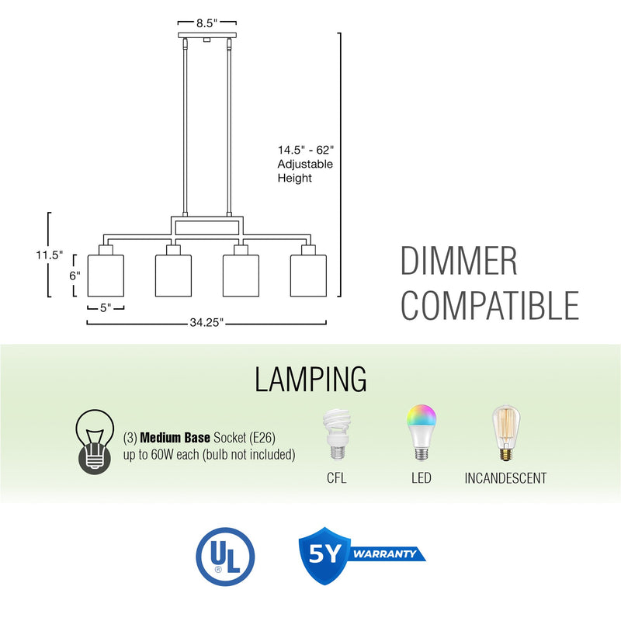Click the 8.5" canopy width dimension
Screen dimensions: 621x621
pyautogui.click(x=206, y=23)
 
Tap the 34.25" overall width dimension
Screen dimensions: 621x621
pyautogui.click(x=206, y=323)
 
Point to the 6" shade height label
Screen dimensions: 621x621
pyautogui.click(x=75, y=276)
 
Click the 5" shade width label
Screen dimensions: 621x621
pyautogui.click(x=106, y=307)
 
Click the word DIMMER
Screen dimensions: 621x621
pyautogui.click(x=459, y=262)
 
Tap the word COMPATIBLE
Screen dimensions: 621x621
pyautogui.click(x=490, y=305)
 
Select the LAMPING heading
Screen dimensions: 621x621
pyautogui.click(x=310, y=380)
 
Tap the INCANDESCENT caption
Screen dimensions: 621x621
pyautogui.click(x=505, y=478)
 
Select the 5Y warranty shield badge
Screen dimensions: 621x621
pyautogui.click(x=326, y=555)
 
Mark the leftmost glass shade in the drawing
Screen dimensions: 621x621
pyautogui.click(x=106, y=274)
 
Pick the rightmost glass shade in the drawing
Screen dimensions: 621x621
pyautogui.click(x=308, y=274)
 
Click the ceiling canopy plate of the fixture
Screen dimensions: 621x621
pyautogui.click(x=206, y=36)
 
